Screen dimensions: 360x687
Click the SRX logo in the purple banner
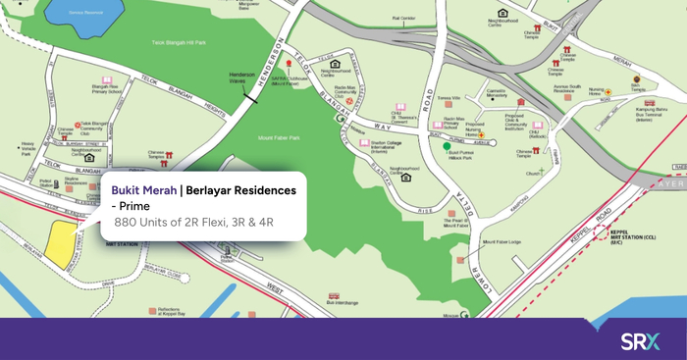click(x=640, y=341)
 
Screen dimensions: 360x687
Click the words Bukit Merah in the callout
click(x=144, y=189)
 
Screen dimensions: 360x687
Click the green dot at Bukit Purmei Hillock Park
click(x=448, y=146)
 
